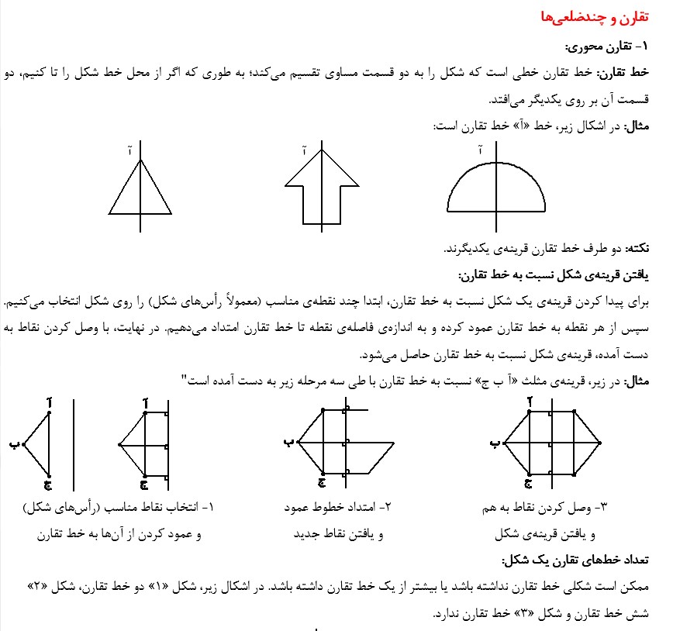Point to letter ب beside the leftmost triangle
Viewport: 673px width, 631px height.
(13, 444)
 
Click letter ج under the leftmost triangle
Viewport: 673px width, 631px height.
(47, 485)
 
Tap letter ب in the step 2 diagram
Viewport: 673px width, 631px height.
(288, 443)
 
